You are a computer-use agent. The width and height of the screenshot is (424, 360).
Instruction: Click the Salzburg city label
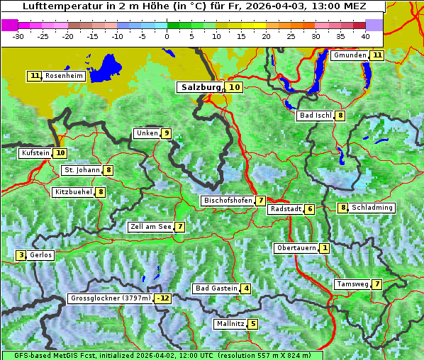(x=201, y=87)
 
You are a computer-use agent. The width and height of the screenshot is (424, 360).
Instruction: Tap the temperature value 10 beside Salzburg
(x=235, y=87)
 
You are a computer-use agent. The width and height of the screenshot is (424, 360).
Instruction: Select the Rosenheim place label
(x=64, y=76)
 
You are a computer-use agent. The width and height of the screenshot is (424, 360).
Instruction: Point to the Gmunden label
(x=350, y=55)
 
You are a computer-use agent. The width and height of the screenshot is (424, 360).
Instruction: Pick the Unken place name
(x=147, y=133)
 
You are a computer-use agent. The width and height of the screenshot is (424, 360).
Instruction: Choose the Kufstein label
(x=35, y=153)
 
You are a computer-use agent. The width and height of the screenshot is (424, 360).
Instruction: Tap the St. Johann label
(x=82, y=170)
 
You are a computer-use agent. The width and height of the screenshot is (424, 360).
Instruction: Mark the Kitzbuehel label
(x=73, y=192)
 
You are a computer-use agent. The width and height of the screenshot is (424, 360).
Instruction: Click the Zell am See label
(x=151, y=227)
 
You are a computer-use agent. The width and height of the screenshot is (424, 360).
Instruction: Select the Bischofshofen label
(x=228, y=201)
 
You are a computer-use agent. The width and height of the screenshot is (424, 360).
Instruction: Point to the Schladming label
(x=372, y=208)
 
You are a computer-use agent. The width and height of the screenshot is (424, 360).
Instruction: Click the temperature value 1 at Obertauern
(x=324, y=248)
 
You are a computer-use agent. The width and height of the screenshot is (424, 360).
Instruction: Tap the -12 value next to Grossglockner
(x=163, y=298)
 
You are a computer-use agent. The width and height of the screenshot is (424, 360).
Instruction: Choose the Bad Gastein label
(x=216, y=288)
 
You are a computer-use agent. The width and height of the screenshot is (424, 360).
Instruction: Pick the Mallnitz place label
(x=230, y=324)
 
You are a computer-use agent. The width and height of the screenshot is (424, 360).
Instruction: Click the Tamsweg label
(x=352, y=284)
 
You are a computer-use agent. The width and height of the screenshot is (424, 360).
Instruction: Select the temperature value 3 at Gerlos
(x=21, y=255)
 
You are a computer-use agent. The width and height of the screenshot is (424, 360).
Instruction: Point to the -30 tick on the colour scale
(x=18, y=36)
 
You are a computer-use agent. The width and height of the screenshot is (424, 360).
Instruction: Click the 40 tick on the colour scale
(x=365, y=36)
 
